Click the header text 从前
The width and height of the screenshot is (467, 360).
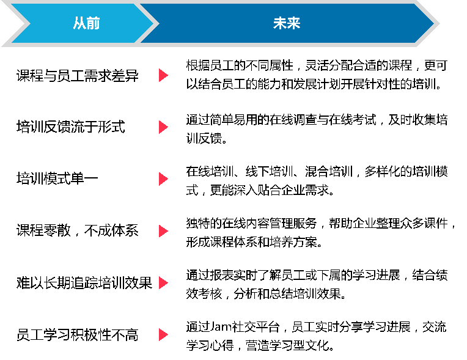coord(86,23)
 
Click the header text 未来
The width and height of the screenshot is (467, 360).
coord(287,23)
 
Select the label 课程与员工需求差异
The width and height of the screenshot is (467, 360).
coord(78,75)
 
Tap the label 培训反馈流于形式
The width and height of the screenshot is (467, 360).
coord(70,127)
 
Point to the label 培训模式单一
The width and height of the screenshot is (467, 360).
coord(57,178)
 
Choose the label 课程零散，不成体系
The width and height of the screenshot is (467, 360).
coord(78,231)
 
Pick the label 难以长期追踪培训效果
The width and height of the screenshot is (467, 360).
coord(84,282)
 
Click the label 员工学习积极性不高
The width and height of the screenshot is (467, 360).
coord(78,335)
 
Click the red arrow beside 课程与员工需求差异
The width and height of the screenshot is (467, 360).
coord(163,75)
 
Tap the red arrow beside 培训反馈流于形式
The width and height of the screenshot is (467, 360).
coord(163,127)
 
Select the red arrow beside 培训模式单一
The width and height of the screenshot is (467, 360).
coord(163,179)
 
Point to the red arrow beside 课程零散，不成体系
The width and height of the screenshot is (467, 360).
coord(163,231)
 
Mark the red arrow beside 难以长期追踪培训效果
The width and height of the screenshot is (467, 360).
coord(163,283)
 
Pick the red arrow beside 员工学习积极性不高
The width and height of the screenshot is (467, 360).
coord(163,335)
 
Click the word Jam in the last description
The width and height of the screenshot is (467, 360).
coord(221,327)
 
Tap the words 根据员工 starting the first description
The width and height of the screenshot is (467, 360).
coord(210,65)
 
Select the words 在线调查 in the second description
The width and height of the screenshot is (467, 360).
coord(293,120)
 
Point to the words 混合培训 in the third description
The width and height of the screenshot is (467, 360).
coord(329,172)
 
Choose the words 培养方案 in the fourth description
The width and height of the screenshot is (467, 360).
coord(293,243)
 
